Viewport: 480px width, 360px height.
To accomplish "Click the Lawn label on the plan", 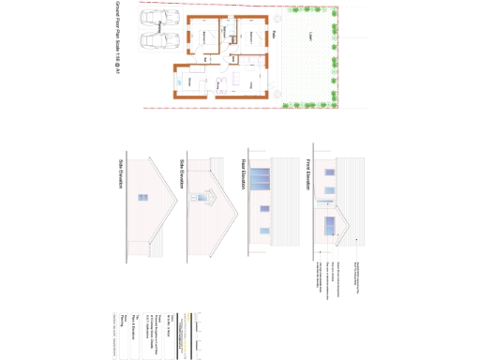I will click(309, 39).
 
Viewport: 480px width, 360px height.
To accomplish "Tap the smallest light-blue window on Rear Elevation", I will click(262, 230).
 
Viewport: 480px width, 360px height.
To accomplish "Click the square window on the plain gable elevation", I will click(142, 199).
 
